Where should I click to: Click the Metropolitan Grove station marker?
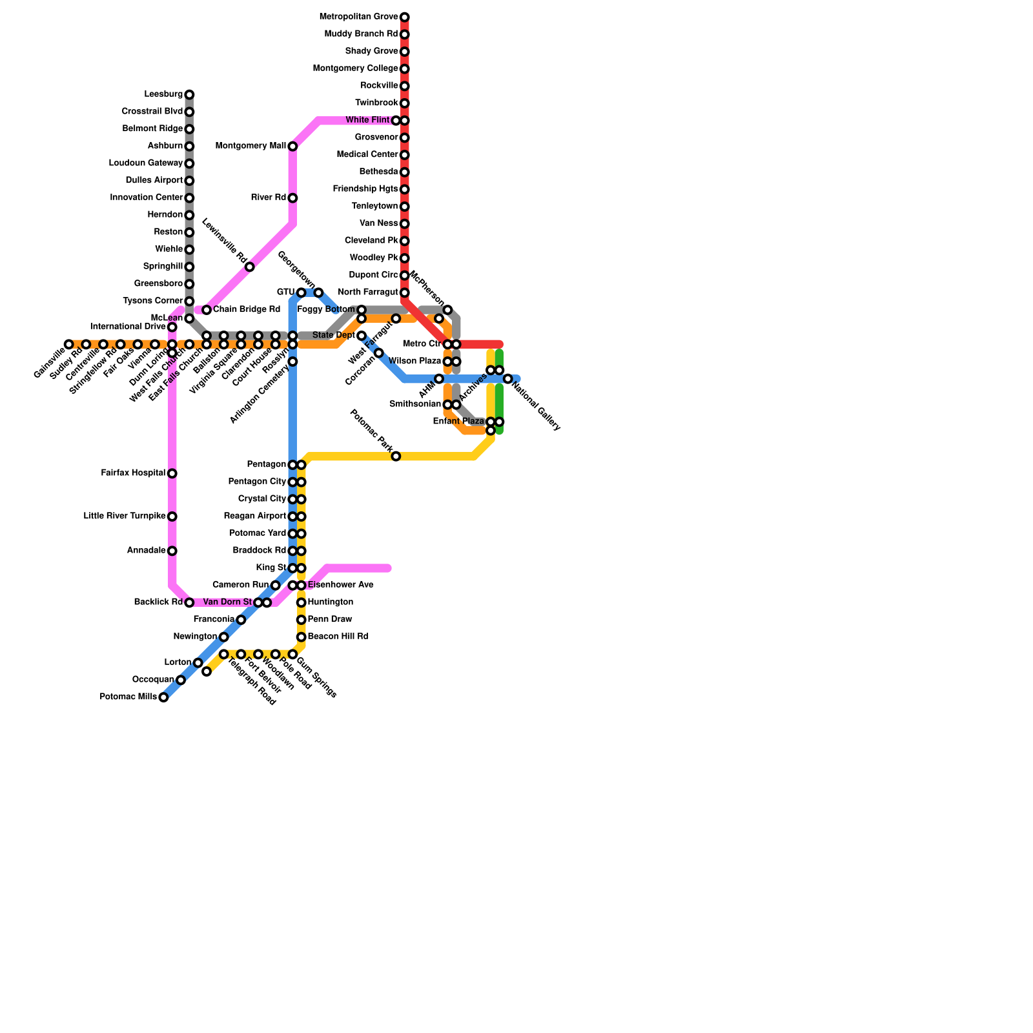(x=405, y=17)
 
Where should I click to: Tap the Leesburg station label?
(x=163, y=95)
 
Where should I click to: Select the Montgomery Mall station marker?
(x=292, y=147)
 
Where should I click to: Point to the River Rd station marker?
(x=292, y=198)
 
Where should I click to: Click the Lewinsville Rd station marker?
(x=250, y=267)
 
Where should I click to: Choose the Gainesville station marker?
(x=69, y=344)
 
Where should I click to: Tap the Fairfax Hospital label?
(x=133, y=473)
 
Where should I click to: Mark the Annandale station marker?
(x=172, y=551)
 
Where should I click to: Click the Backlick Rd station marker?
(x=189, y=602)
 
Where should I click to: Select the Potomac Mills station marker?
(x=164, y=697)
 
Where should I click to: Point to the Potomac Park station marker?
(x=396, y=456)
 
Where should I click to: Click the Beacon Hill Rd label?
(x=338, y=637)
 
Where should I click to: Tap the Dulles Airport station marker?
(x=189, y=181)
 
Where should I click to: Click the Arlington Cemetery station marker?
(x=292, y=362)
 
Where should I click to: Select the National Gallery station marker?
(x=508, y=378)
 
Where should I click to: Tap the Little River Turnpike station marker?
(x=172, y=516)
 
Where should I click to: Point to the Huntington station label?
(x=330, y=602)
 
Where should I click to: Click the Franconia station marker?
(x=241, y=620)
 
